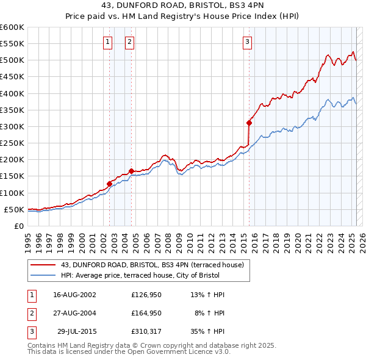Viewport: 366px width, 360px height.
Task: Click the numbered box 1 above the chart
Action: click(107, 42)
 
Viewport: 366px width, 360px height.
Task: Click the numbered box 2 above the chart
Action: click(130, 42)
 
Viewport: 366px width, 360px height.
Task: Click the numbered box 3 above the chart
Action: click(247, 42)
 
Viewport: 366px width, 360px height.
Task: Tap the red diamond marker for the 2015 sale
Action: click(249, 123)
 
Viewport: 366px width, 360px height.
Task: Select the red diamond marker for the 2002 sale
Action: click(110, 184)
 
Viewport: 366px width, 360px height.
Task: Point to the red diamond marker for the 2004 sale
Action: click(131, 171)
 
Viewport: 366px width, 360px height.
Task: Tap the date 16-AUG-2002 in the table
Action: click(75, 295)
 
